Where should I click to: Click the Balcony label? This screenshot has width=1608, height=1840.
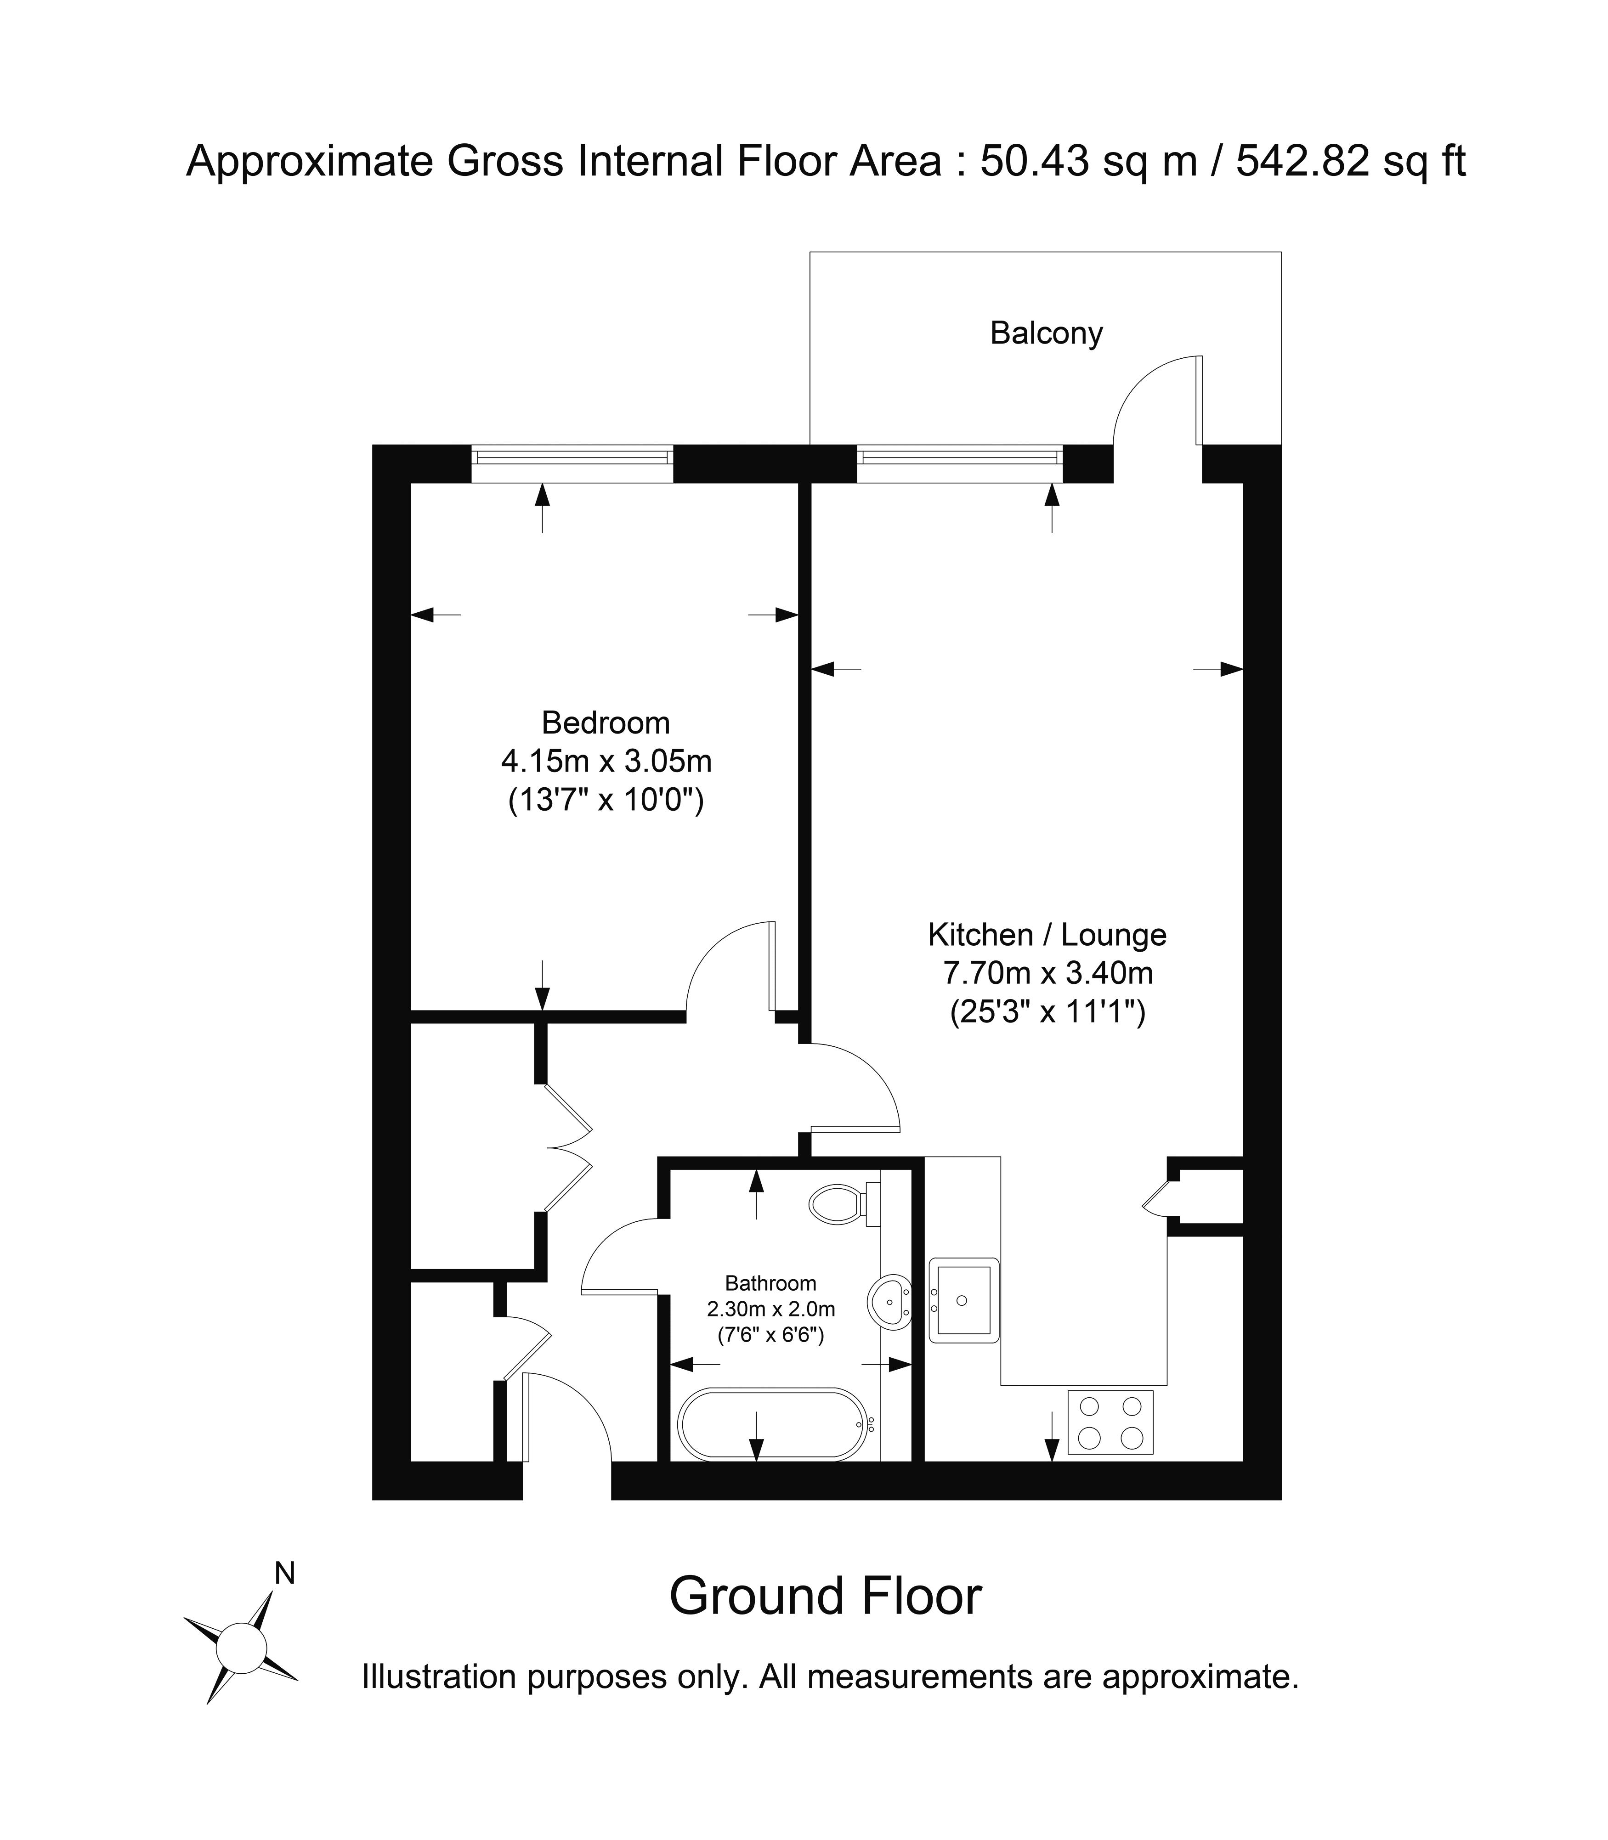coord(1046,334)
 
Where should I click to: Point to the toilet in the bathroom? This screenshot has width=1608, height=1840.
coord(844,1203)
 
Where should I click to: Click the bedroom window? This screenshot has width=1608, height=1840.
coord(572,463)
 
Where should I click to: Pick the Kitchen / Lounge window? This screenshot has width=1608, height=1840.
coord(959,463)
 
